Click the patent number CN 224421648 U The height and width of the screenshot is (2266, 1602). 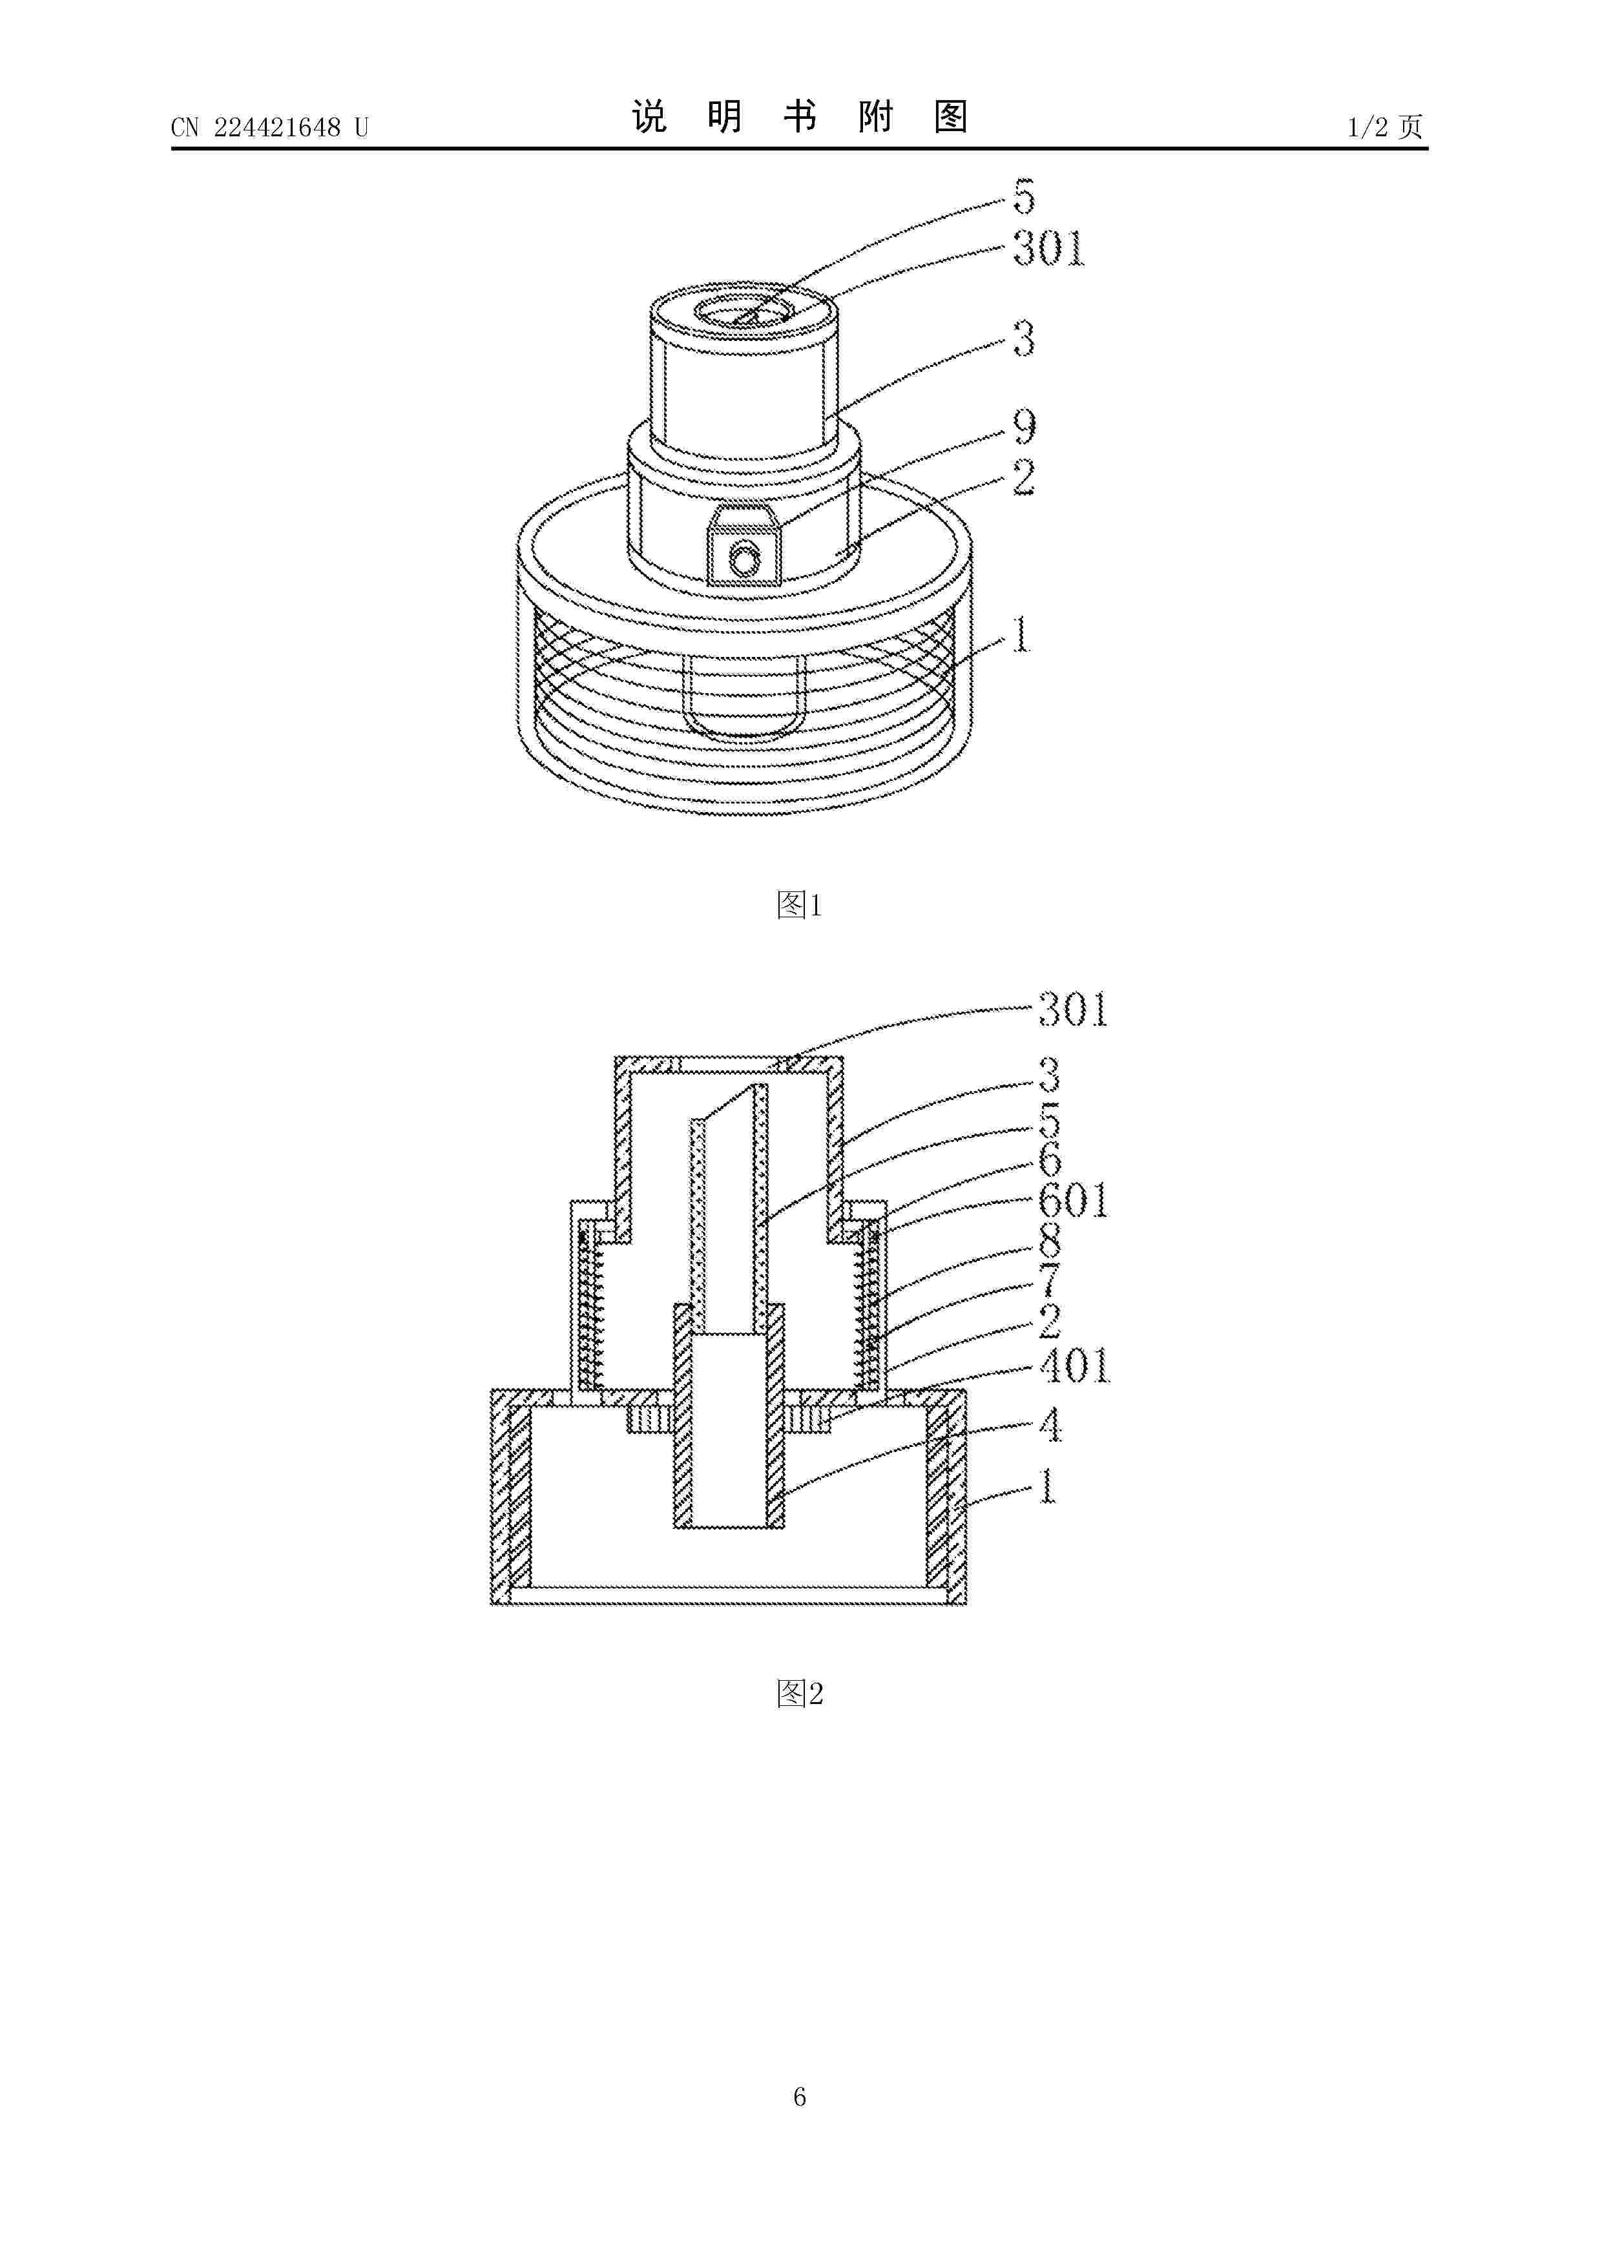pyautogui.click(x=269, y=127)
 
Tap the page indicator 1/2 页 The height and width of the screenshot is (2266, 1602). pyautogui.click(x=1385, y=127)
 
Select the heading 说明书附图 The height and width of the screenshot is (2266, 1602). pyautogui.click(x=800, y=118)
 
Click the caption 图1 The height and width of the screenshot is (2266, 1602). pyautogui.click(x=800, y=904)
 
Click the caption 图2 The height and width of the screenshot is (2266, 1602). pyautogui.click(x=800, y=1694)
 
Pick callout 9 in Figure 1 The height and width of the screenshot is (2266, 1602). pyautogui.click(x=1025, y=428)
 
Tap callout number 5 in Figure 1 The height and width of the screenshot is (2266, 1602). pyautogui.click(x=1024, y=198)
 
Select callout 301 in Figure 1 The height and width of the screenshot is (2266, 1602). pyautogui.click(x=1049, y=249)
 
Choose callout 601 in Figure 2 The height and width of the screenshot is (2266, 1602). pyautogui.click(x=1074, y=1201)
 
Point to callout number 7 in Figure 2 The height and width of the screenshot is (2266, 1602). pyautogui.click(x=1050, y=1280)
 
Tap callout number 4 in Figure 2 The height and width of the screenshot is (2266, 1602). pyautogui.click(x=1050, y=1426)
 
